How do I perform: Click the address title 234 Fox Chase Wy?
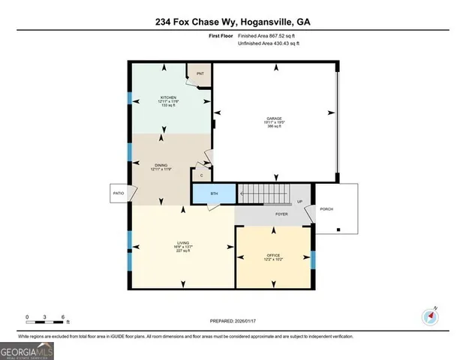[233, 22]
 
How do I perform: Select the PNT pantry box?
[200, 74]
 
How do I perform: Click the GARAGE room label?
[272, 122]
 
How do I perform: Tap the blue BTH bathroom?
[214, 193]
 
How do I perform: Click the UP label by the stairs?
[300, 202]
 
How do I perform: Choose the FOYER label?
[281, 214]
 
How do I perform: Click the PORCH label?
[326, 209]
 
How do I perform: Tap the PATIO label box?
[118, 193]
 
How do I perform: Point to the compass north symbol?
[429, 315]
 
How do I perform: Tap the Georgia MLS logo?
[26, 350]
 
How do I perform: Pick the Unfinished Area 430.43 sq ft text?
[269, 44]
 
